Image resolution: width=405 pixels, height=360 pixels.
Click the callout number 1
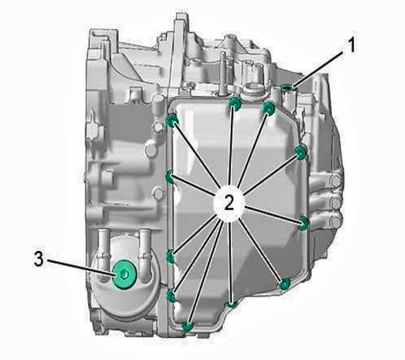point(350,45)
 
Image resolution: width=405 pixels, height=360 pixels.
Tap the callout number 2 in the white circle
point(229,202)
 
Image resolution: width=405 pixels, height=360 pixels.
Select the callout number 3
point(39,259)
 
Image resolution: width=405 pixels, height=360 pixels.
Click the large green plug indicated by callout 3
point(125,274)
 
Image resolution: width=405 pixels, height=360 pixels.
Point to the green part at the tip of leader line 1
point(287,88)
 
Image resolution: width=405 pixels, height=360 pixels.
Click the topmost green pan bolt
point(234,102)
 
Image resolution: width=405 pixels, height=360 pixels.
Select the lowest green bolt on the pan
point(187,327)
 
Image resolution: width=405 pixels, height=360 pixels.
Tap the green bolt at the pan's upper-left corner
point(172,120)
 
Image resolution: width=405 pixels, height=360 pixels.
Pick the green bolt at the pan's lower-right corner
point(285,284)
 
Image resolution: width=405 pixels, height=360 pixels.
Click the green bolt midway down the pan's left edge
point(170,177)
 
